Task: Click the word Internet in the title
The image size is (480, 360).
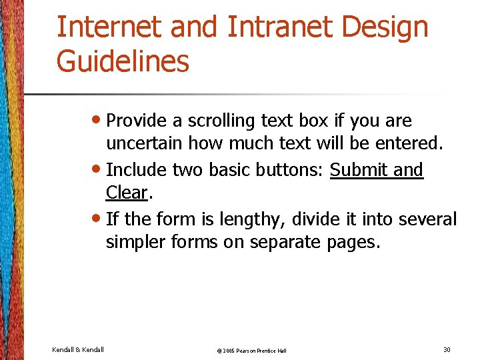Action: [107, 27]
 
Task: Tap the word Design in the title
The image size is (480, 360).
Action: [391, 27]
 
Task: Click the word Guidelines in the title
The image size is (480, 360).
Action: [123, 62]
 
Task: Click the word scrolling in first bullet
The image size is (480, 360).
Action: [221, 121]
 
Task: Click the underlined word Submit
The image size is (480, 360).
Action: [359, 170]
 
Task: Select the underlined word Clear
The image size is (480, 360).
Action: [126, 193]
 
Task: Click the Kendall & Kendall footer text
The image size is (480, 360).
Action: [77, 349]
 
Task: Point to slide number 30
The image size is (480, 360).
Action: [446, 349]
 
